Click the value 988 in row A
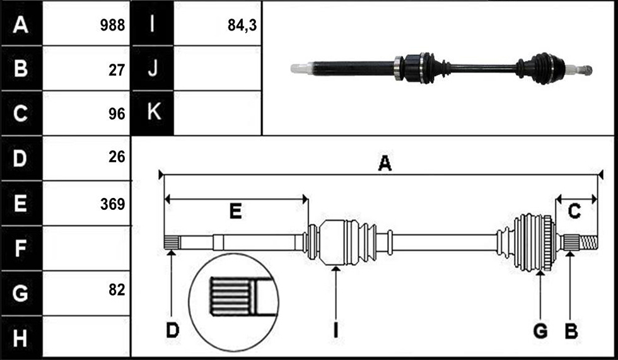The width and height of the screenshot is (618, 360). [112, 25]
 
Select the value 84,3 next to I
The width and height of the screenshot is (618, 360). [242, 25]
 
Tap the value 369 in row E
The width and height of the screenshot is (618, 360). [112, 204]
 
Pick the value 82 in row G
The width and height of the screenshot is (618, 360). [117, 290]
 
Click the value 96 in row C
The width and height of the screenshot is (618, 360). [117, 114]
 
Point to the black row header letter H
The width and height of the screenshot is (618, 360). [20, 338]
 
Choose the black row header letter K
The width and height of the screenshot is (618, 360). [154, 112]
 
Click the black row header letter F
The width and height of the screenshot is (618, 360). [20, 248]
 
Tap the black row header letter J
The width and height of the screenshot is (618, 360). [153, 67]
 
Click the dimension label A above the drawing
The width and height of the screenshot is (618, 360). [385, 163]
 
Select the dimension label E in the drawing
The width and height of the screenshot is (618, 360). [235, 212]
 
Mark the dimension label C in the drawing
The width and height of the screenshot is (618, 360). [574, 211]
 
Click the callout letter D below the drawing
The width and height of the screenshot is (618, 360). [173, 330]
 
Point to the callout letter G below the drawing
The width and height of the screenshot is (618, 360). [540, 331]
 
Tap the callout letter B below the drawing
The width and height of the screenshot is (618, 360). [571, 331]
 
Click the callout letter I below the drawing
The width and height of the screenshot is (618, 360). [335, 330]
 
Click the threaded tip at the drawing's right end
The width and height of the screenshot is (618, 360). [589, 242]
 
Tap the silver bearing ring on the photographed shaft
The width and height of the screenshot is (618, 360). [399, 69]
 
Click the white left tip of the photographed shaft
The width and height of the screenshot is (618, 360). [301, 69]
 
